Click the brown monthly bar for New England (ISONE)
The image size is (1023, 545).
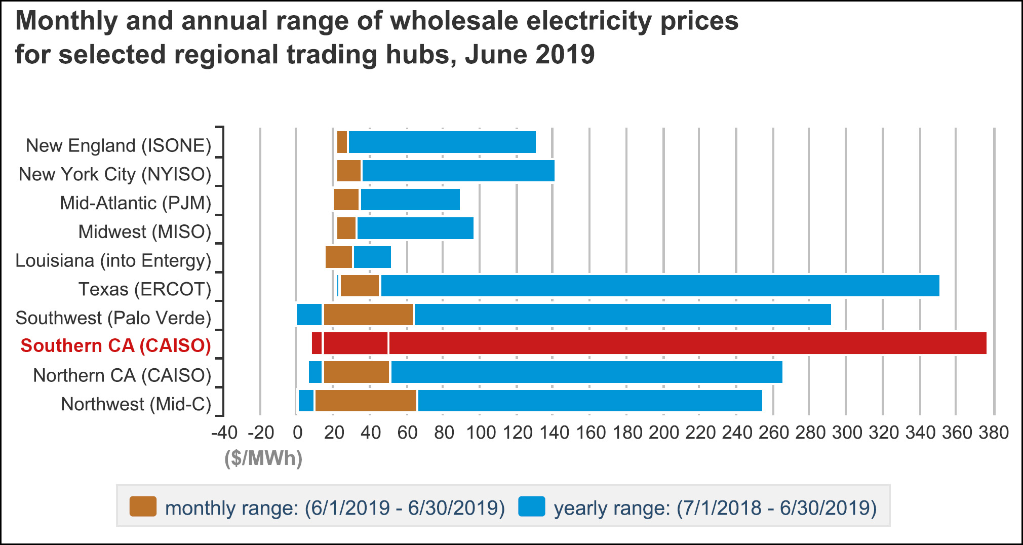342,142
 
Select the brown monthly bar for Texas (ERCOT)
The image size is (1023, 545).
360,286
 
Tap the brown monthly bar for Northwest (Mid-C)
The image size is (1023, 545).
366,401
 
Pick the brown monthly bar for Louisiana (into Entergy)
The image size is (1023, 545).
339,257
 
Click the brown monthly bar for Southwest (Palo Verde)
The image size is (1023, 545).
369,315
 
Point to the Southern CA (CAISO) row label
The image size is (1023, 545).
116,345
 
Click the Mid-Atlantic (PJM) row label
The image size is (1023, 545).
135,203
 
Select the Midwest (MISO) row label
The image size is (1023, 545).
145,231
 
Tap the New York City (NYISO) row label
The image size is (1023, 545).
115,174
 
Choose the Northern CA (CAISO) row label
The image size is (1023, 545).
122,375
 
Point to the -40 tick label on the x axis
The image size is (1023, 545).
224,433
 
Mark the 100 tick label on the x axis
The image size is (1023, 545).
480,433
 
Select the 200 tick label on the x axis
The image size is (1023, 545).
663,433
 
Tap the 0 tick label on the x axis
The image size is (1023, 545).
297,433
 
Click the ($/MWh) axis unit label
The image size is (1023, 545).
263,458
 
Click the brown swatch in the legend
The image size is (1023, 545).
143,507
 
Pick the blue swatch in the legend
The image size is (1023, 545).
532,507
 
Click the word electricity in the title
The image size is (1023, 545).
510,21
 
